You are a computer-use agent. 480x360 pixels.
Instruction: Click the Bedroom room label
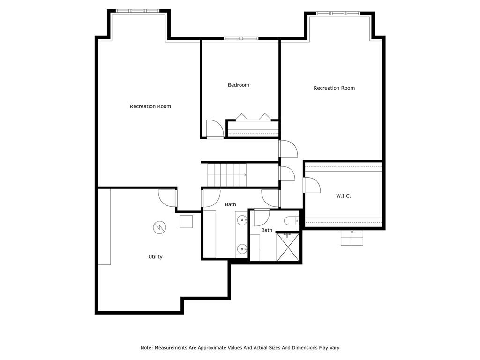pos(238,85)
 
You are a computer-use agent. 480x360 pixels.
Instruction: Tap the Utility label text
pos(155,257)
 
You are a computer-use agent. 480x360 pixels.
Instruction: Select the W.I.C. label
pos(343,196)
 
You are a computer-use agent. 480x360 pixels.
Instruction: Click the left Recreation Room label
pos(150,106)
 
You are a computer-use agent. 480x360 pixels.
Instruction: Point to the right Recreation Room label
pos(334,88)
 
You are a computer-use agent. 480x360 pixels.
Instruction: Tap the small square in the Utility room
pos(186,221)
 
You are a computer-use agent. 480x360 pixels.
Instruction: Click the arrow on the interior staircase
pos(244,175)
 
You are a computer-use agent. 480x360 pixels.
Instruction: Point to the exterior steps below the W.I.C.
pos(352,239)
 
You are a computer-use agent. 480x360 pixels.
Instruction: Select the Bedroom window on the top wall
pos(241,38)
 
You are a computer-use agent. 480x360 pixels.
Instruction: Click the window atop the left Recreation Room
pos(138,11)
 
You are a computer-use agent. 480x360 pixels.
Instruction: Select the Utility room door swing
pos(167,198)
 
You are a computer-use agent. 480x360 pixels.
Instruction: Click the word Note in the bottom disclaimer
pos(146,348)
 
